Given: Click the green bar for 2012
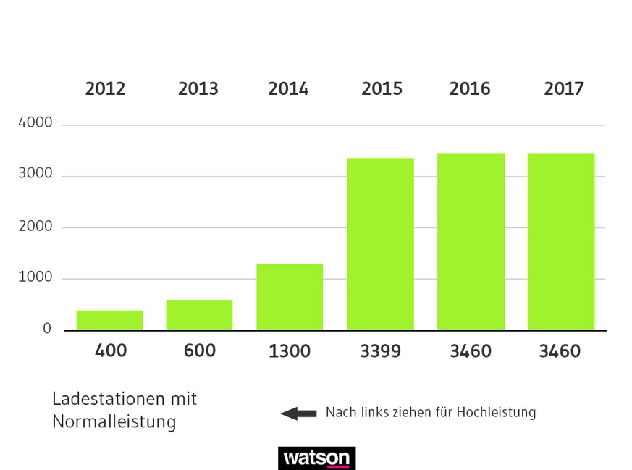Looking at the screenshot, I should [x=109, y=320].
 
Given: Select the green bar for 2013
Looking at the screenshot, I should [x=199, y=315].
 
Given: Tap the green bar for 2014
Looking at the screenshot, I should [x=290, y=297].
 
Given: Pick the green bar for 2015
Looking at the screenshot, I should [x=380, y=244].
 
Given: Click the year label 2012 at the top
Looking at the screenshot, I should [x=105, y=89].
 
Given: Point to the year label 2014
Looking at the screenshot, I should [x=288, y=89].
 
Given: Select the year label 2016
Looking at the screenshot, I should [x=470, y=89].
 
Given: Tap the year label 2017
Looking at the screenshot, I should [x=564, y=89].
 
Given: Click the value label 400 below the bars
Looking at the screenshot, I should [x=111, y=351].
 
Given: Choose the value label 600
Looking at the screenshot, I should [x=200, y=351].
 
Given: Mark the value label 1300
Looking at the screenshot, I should [x=289, y=351].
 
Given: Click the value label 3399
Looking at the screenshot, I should [x=381, y=351].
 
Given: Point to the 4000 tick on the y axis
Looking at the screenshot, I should [x=35, y=123].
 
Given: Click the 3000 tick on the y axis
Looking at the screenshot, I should [x=35, y=175].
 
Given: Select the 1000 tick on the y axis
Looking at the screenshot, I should [x=35, y=277].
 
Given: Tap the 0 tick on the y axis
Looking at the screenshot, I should [x=47, y=329].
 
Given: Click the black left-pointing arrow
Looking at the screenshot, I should [x=298, y=414].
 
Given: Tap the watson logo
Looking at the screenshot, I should [x=316, y=458].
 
